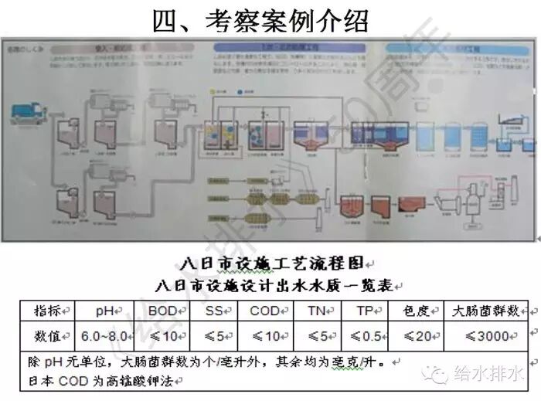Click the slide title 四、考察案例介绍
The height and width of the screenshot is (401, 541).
[x=270, y=19]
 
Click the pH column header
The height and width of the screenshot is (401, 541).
[x=105, y=311]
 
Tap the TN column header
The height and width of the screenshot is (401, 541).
[x=318, y=311]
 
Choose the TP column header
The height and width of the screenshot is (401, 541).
[x=365, y=311]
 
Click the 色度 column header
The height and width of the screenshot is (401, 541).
[x=417, y=311]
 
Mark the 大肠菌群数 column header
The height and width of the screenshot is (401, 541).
[x=487, y=311]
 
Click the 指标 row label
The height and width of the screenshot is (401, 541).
[x=48, y=311]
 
